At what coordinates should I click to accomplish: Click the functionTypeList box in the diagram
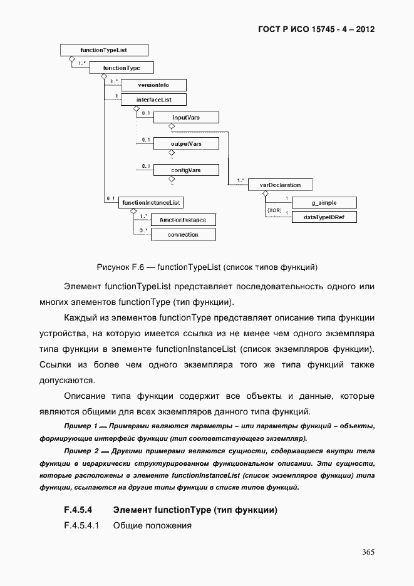(103, 49)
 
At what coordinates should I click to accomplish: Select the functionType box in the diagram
(122, 68)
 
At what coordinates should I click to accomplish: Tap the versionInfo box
(153, 85)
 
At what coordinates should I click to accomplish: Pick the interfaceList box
(153, 100)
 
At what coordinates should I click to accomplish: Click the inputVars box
(186, 117)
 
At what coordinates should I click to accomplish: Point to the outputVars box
(186, 143)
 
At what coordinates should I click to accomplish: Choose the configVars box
(186, 170)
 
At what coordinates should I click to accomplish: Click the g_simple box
(324, 202)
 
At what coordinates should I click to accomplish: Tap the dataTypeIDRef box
(324, 217)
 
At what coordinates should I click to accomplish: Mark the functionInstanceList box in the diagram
(151, 202)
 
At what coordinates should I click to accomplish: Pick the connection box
(183, 235)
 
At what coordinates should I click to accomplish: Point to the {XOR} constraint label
(274, 211)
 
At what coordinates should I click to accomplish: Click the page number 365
(368, 552)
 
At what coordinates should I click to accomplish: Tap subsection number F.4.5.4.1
(82, 525)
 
